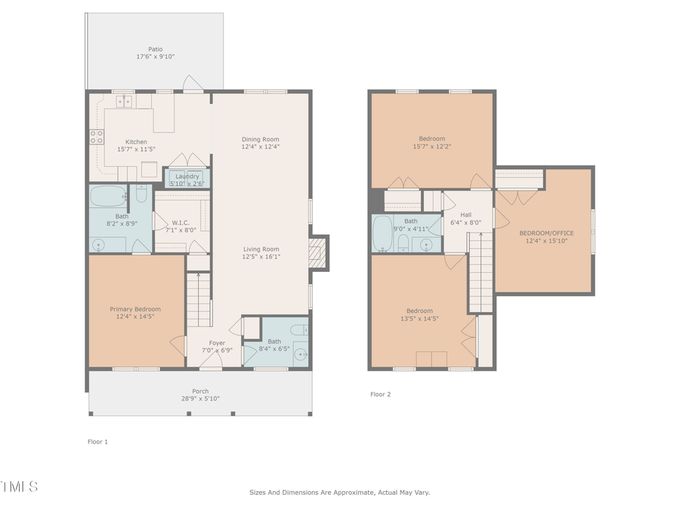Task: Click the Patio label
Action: (155, 49)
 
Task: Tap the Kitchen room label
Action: (136, 142)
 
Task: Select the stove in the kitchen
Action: (97, 137)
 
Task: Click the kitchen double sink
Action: (123, 101)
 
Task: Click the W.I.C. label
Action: (180, 222)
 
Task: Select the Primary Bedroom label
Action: (135, 309)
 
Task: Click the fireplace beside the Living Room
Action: (317, 252)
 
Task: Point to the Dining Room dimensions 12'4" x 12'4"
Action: (260, 147)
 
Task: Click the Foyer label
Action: (217, 342)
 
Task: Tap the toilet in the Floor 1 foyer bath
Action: (298, 329)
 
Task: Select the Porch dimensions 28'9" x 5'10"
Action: (199, 398)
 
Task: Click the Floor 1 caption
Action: (97, 441)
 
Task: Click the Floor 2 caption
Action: (380, 394)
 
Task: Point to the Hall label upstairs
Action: (465, 215)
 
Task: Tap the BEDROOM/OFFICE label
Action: (542, 233)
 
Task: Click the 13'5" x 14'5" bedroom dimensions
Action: (419, 319)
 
